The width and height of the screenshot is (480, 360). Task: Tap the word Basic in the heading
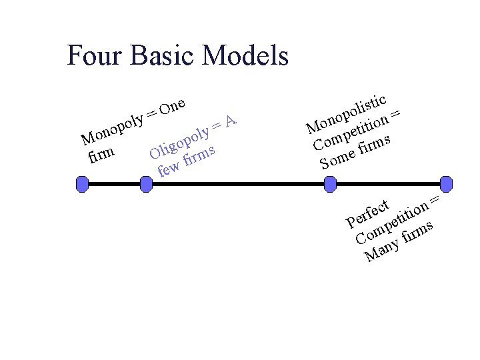(x=163, y=55)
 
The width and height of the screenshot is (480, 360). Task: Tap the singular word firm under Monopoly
(x=101, y=156)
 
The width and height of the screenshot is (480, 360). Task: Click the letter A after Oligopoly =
(x=231, y=121)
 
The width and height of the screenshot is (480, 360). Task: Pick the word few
(x=169, y=169)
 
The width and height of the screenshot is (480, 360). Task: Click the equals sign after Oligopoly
(x=216, y=126)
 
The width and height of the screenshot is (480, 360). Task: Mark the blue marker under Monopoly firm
(x=82, y=183)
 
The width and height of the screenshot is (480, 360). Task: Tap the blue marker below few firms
(x=147, y=183)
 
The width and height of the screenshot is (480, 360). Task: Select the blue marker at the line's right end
(x=446, y=183)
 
